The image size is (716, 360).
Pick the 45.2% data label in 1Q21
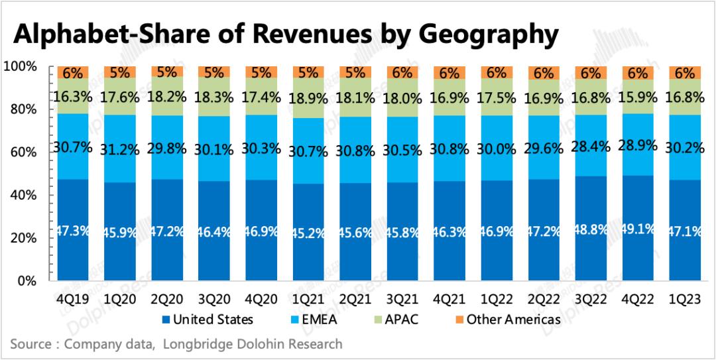point(307,233)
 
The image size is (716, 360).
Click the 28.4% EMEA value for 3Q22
point(590,145)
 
